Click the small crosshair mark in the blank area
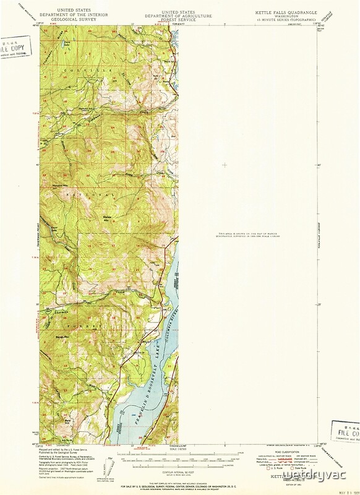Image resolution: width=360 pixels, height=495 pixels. [225, 165]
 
